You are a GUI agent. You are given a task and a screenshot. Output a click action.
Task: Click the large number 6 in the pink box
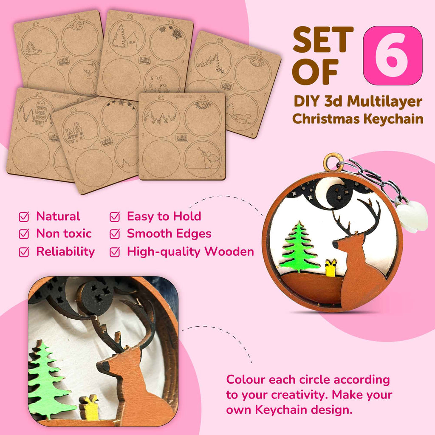[x=393, y=56]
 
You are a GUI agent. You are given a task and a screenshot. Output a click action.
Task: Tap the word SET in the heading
[x=323, y=40]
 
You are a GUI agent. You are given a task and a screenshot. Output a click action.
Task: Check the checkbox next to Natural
[x=24, y=217]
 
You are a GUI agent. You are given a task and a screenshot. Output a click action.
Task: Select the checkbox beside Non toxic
[x=24, y=234]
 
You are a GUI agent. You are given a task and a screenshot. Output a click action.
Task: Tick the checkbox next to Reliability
[x=24, y=252]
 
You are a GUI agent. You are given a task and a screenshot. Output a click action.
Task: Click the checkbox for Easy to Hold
[x=115, y=217]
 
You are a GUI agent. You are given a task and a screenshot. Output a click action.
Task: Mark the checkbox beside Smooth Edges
[x=115, y=234]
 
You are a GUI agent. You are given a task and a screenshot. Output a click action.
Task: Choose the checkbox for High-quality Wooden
[x=115, y=252]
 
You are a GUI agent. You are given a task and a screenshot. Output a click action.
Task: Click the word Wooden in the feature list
[x=229, y=251]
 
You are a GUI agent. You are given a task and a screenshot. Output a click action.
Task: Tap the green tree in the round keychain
[x=299, y=247]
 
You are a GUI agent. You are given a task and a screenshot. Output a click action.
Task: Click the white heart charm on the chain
[x=412, y=217]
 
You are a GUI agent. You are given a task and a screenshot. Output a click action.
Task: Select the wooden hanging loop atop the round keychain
[x=333, y=161]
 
